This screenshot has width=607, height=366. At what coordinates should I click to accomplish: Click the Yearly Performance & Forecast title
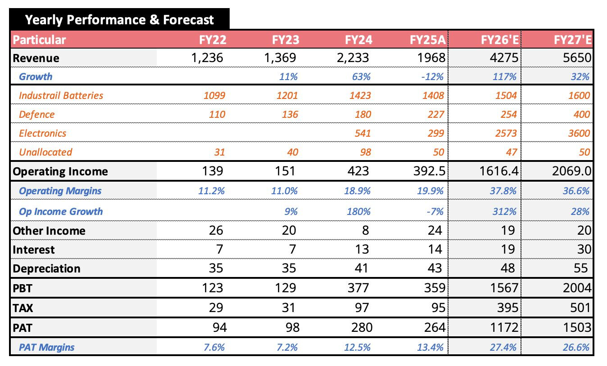point(119,20)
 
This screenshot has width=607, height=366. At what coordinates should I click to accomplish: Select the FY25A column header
point(427,40)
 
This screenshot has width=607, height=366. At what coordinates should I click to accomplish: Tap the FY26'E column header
point(500,40)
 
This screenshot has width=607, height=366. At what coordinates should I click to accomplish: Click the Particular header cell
point(40,40)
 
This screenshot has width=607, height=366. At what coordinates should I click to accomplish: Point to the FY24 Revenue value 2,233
point(356,58)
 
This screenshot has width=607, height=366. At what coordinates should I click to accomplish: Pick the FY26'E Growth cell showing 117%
point(504,76)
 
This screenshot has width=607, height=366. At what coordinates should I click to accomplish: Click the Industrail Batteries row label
point(61,95)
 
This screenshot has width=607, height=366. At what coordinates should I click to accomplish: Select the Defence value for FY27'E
point(581,114)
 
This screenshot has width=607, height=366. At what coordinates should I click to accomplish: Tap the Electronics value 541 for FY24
point(362,133)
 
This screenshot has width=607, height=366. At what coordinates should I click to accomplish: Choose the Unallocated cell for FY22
point(219,152)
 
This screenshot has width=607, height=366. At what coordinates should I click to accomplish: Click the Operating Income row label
point(60,171)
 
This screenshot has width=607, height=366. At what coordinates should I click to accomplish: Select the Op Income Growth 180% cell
point(358,211)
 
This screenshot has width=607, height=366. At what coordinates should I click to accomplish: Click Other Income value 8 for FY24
point(365,231)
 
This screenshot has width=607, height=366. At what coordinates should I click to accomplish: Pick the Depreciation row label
point(46,268)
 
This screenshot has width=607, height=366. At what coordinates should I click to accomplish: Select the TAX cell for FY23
point(289,308)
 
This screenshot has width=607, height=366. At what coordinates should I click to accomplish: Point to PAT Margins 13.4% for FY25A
point(430,347)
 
